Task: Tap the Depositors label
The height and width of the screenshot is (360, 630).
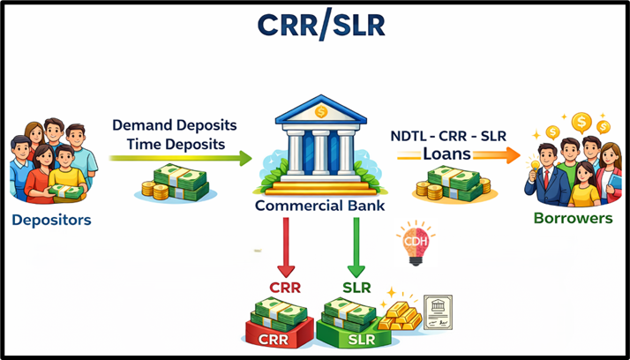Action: click(51, 220)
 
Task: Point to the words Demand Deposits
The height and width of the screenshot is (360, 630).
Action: click(173, 124)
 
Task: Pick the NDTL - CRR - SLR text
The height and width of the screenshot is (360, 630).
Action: click(448, 136)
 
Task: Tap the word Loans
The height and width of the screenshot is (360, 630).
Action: click(446, 154)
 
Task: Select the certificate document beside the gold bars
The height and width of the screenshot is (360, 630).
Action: click(438, 311)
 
